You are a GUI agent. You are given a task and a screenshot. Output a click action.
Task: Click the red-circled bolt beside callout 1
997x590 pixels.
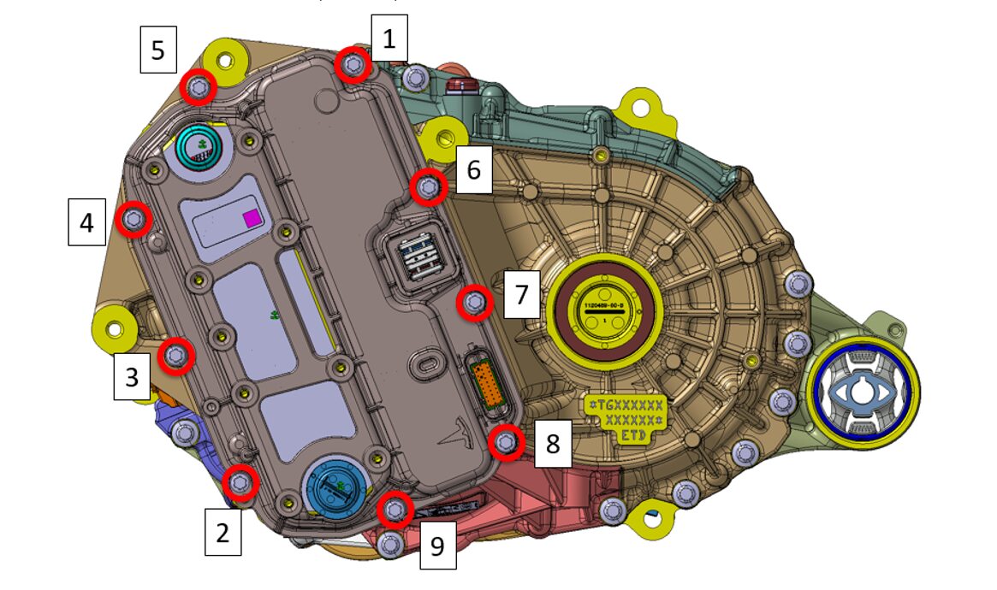[353, 64]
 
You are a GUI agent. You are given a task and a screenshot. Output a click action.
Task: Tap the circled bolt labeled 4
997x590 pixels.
[134, 221]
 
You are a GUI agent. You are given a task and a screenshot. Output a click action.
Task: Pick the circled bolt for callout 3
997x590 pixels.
[176, 356]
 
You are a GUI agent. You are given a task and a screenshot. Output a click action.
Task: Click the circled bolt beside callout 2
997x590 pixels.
[240, 483]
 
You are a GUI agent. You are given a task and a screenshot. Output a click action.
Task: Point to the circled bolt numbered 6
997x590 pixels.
[428, 187]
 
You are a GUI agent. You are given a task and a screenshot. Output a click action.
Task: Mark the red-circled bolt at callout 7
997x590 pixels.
[475, 303]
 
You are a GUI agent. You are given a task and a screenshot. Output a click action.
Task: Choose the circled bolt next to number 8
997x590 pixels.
[507, 441]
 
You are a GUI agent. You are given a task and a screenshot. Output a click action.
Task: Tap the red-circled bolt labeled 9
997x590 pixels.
[395, 510]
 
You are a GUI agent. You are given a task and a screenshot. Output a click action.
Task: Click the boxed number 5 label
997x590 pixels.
[158, 50]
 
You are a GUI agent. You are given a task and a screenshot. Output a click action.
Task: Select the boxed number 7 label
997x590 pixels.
[522, 296]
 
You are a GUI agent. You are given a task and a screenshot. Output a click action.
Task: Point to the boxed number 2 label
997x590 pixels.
[223, 534]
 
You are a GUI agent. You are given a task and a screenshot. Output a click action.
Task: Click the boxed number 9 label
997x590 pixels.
[437, 546]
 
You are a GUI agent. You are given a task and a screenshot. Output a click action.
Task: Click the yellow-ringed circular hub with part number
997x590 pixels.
[605, 308]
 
